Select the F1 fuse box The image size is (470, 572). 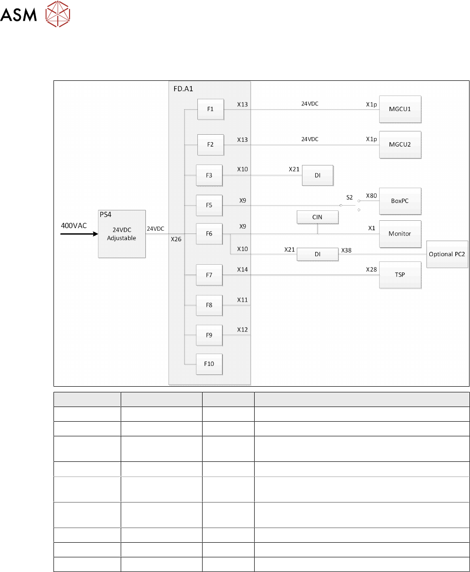tap(211, 109)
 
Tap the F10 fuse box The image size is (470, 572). tap(209, 364)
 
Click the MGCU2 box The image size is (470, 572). tap(400, 144)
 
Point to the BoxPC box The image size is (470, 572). tap(400, 201)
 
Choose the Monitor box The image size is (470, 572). tap(400, 234)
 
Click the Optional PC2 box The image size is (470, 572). tap(447, 254)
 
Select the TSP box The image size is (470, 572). tap(400, 275)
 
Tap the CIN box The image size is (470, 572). tap(318, 217)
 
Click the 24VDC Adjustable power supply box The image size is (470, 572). tap(122, 234)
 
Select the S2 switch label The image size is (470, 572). tap(349, 197)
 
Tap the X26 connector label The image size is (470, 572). tap(176, 239)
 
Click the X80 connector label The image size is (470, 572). tap(372, 195)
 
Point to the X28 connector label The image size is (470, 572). tap(372, 269)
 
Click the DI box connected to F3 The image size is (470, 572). tap(318, 175)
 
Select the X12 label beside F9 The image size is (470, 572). tap(242, 329)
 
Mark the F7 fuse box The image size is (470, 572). tap(209, 275)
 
